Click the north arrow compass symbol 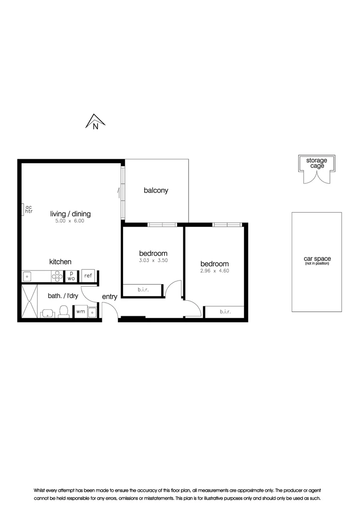point(95,122)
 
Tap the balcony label point(156,191)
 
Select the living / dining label point(71,214)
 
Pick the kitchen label point(60,262)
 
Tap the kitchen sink point(28,276)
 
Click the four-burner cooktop point(57,276)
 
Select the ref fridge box point(88,276)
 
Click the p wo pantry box point(71,276)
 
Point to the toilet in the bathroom point(64,311)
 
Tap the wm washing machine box point(81,312)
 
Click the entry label point(109,297)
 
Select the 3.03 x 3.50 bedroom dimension point(153,260)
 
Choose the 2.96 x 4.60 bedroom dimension point(214,271)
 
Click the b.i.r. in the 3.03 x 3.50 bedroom point(143,290)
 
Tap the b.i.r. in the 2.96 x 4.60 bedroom point(224,312)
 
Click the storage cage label point(317,163)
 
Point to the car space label point(317,259)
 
